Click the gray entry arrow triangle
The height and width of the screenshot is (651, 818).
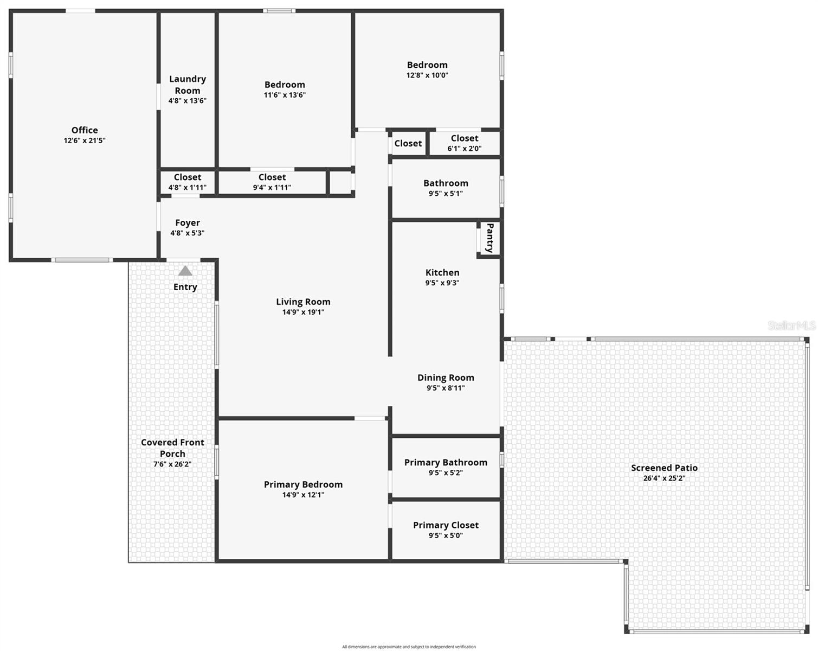click(x=185, y=271)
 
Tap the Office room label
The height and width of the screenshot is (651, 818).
click(x=85, y=130)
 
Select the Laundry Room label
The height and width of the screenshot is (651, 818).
click(x=188, y=85)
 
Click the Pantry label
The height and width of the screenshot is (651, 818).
click(x=489, y=238)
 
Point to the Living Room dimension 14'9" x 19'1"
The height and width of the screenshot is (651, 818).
click(x=303, y=312)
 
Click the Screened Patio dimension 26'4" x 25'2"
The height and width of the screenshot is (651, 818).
click(x=664, y=478)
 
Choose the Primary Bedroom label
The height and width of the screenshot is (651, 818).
click(x=303, y=484)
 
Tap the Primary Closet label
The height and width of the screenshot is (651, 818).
click(x=446, y=525)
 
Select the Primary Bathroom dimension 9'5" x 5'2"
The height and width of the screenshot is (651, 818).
click(x=446, y=473)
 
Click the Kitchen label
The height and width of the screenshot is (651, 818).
click(x=442, y=272)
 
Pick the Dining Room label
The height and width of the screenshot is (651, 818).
click(x=446, y=378)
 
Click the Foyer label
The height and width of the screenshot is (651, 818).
click(x=188, y=223)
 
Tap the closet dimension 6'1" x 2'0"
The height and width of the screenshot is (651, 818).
click(x=465, y=148)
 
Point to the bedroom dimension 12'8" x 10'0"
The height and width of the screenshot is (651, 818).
click(x=427, y=75)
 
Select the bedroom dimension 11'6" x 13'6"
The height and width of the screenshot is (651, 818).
click(x=285, y=95)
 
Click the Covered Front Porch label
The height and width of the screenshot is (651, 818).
click(x=172, y=448)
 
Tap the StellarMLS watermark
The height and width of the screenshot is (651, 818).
click(x=792, y=325)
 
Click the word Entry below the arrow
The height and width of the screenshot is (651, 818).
click(x=185, y=287)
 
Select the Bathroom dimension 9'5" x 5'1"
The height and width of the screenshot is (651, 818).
click(x=446, y=193)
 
